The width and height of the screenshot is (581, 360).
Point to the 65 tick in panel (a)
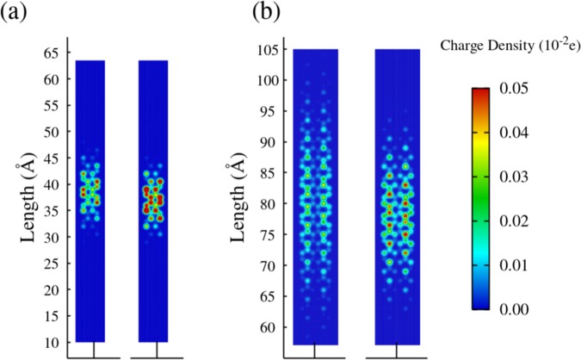tap(53, 53)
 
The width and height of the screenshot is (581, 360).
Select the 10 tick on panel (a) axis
tap(53, 342)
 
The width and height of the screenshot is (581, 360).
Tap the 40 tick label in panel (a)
tap(53, 184)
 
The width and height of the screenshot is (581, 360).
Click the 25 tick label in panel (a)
tap(53, 264)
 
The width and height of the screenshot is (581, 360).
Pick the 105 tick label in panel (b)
tap(272, 49)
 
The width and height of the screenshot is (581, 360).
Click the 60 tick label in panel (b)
tap(275, 327)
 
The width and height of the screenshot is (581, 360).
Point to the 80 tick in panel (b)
tap(275, 204)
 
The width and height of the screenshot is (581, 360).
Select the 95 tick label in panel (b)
tap(275, 111)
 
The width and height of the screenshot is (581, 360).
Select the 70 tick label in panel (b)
tap(275, 266)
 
